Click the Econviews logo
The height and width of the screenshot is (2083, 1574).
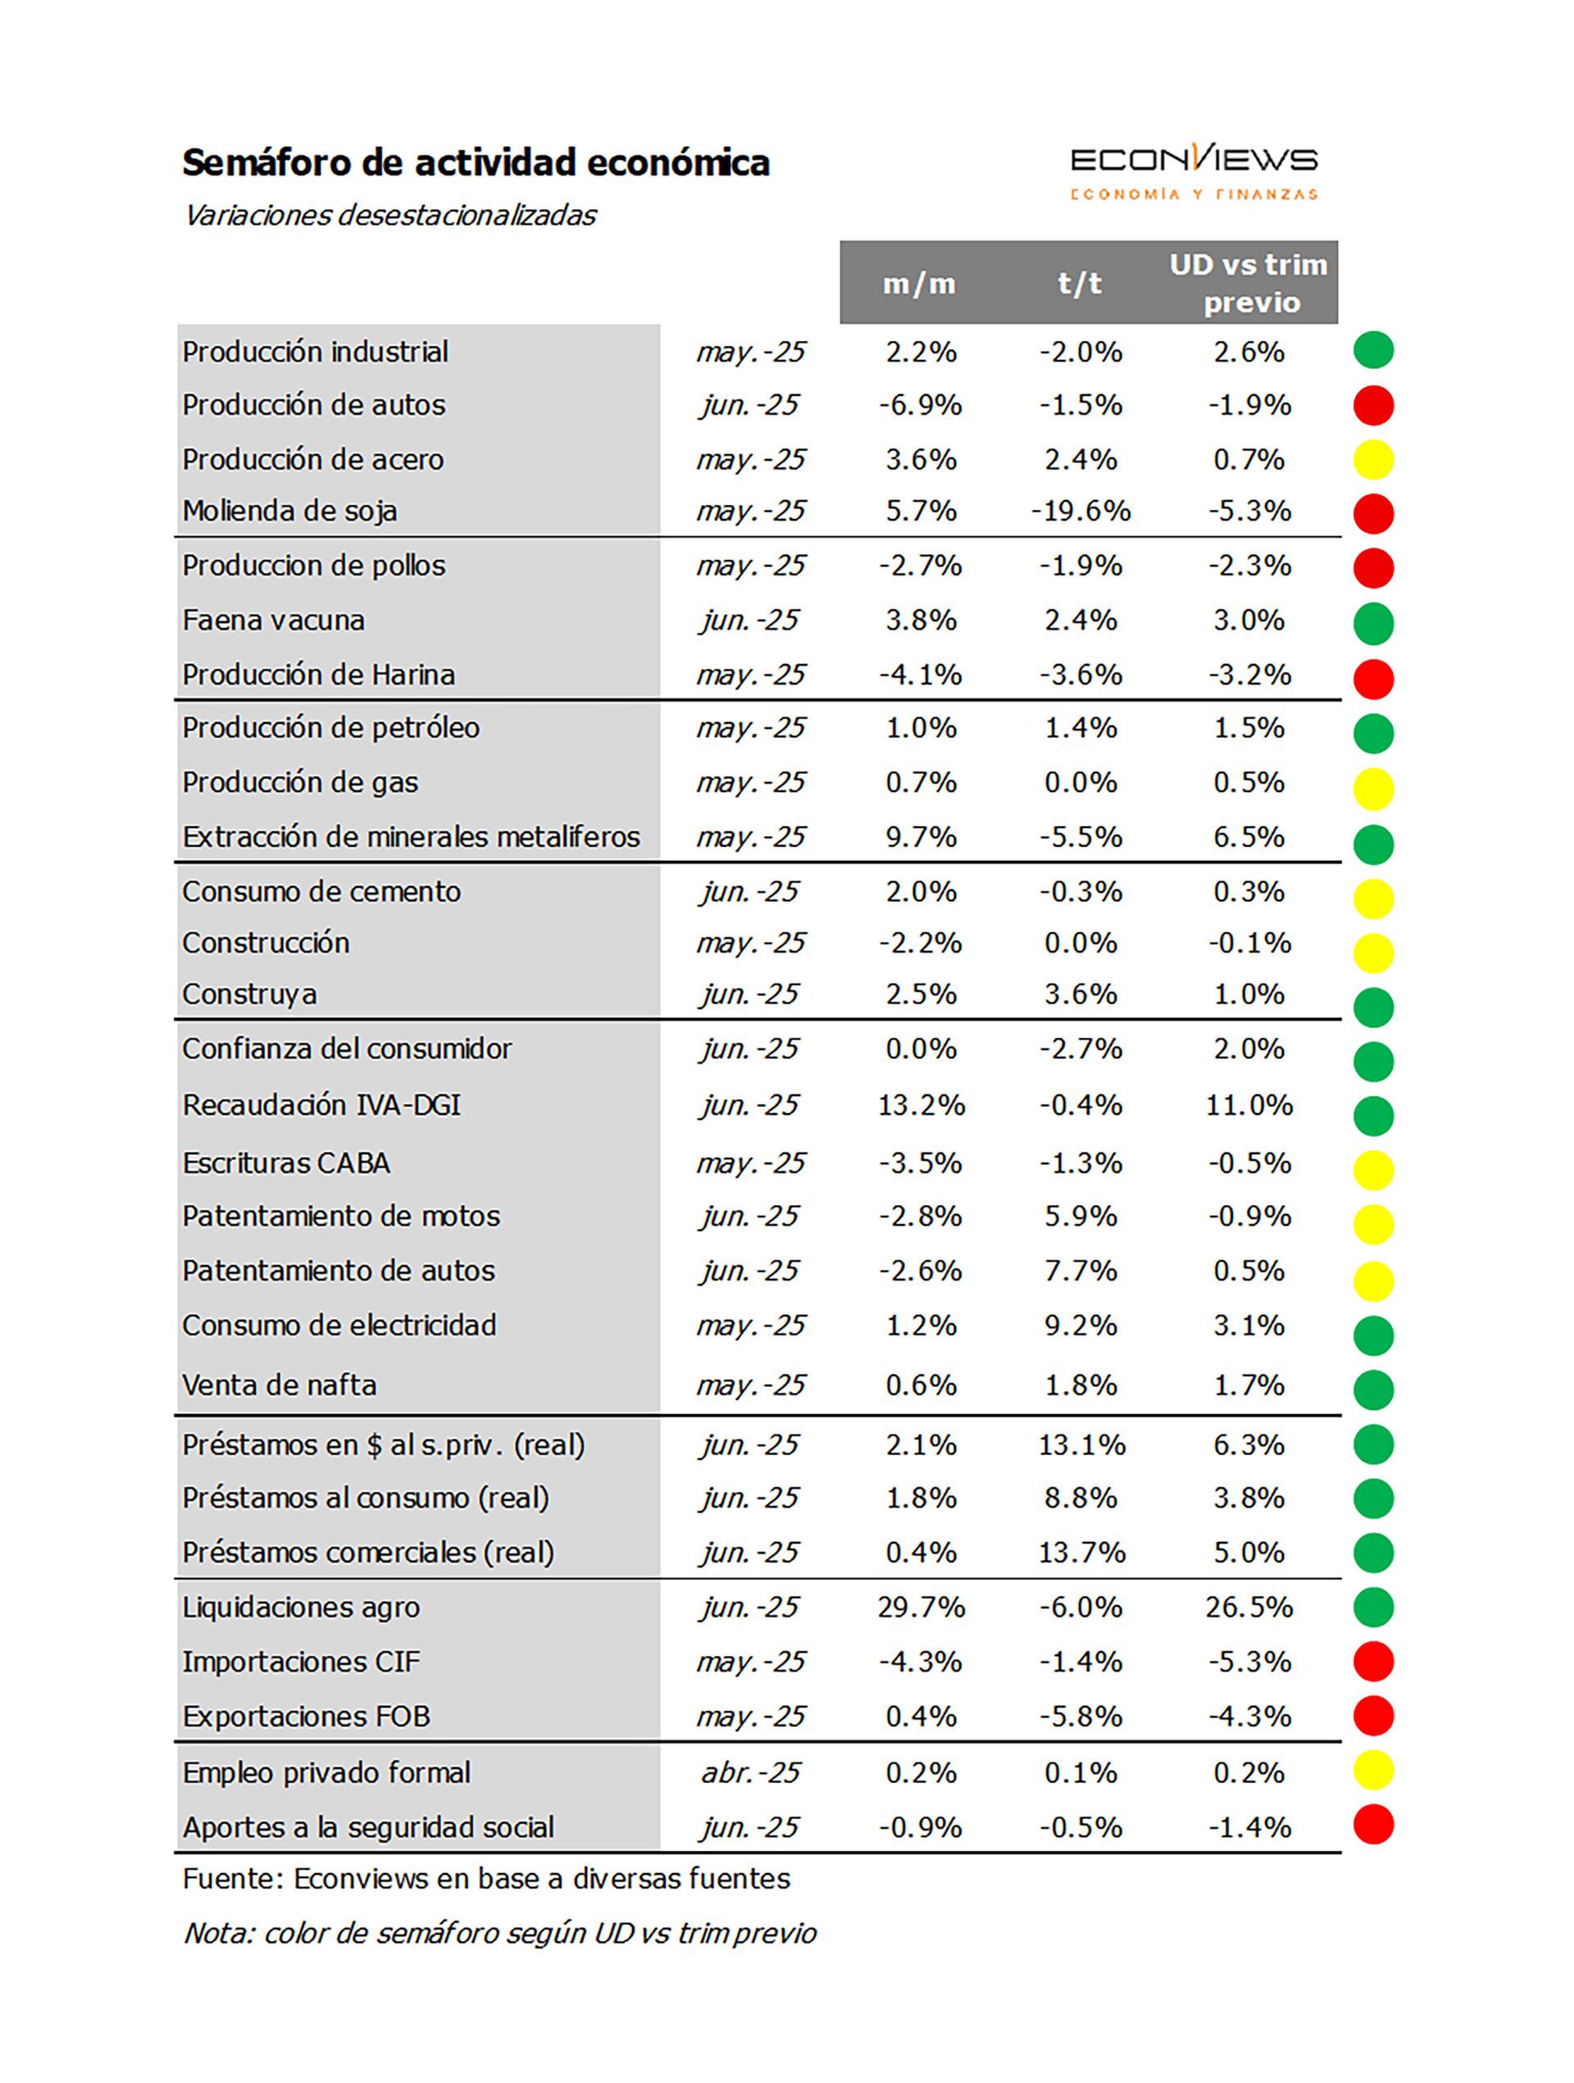(x=1194, y=171)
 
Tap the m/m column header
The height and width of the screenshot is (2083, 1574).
(x=918, y=284)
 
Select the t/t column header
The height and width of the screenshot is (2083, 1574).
(x=1080, y=284)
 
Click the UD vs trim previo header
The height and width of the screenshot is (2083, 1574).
(x=1248, y=283)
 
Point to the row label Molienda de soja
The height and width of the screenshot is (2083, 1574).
(x=290, y=512)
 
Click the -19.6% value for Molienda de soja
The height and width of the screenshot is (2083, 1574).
(x=1080, y=512)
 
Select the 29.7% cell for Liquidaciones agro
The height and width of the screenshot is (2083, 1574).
(x=921, y=1608)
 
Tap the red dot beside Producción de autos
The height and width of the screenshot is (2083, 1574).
(x=1373, y=406)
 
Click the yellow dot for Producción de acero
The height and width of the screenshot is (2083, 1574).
(x=1373, y=461)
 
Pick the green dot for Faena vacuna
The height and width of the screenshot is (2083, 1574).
(x=1373, y=622)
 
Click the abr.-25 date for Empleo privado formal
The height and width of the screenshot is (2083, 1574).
(x=750, y=1773)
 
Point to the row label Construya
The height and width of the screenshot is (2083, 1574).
(x=249, y=994)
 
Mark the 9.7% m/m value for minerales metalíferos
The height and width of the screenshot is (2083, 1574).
(x=921, y=837)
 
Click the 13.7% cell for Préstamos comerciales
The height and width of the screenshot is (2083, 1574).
(x=1081, y=1553)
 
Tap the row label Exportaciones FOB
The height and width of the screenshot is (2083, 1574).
(x=306, y=1717)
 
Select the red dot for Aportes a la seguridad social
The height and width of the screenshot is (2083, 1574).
(x=1373, y=1825)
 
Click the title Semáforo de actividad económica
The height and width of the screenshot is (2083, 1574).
(x=475, y=163)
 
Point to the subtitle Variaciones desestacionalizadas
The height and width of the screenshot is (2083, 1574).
(x=390, y=216)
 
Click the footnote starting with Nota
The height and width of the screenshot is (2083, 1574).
(x=499, y=1933)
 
